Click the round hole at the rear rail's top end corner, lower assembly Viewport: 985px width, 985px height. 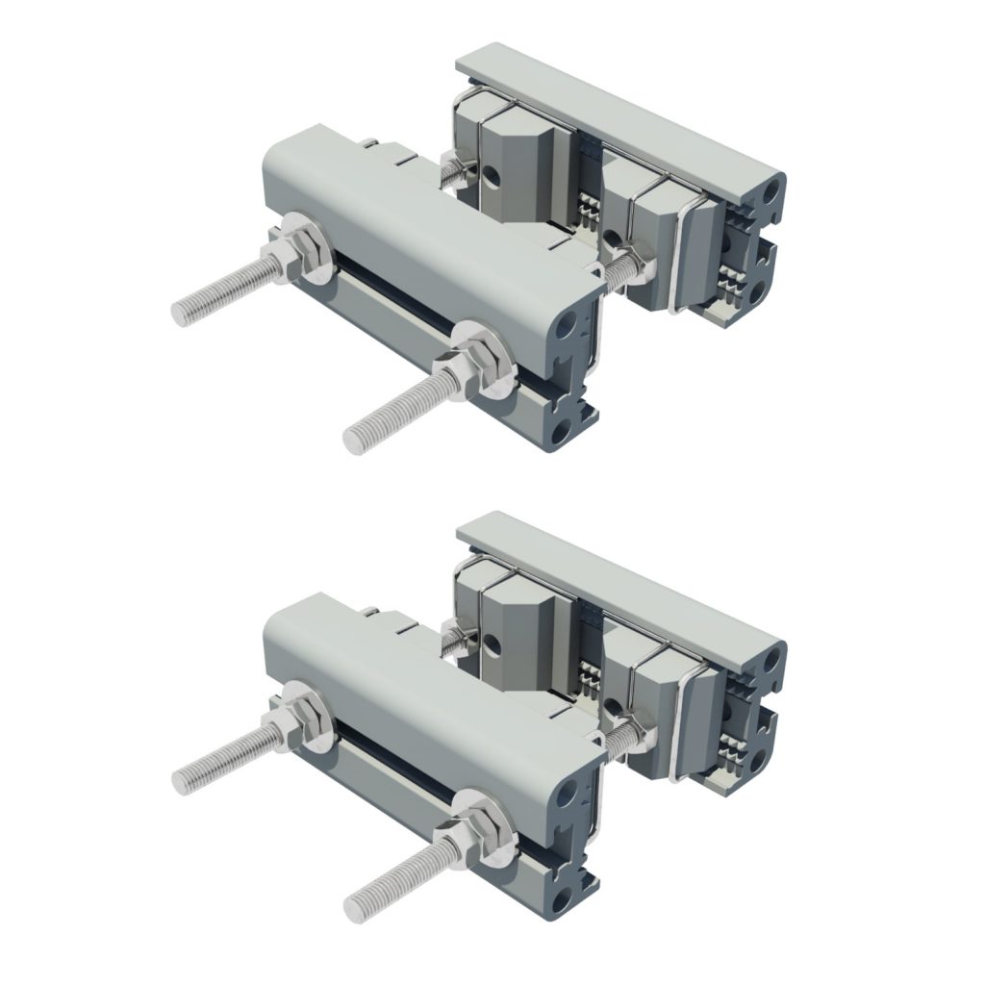tap(767, 666)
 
